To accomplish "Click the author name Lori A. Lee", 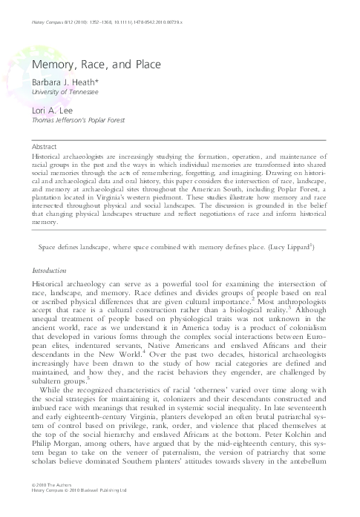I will [47, 110].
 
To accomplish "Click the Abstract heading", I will [45, 147].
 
